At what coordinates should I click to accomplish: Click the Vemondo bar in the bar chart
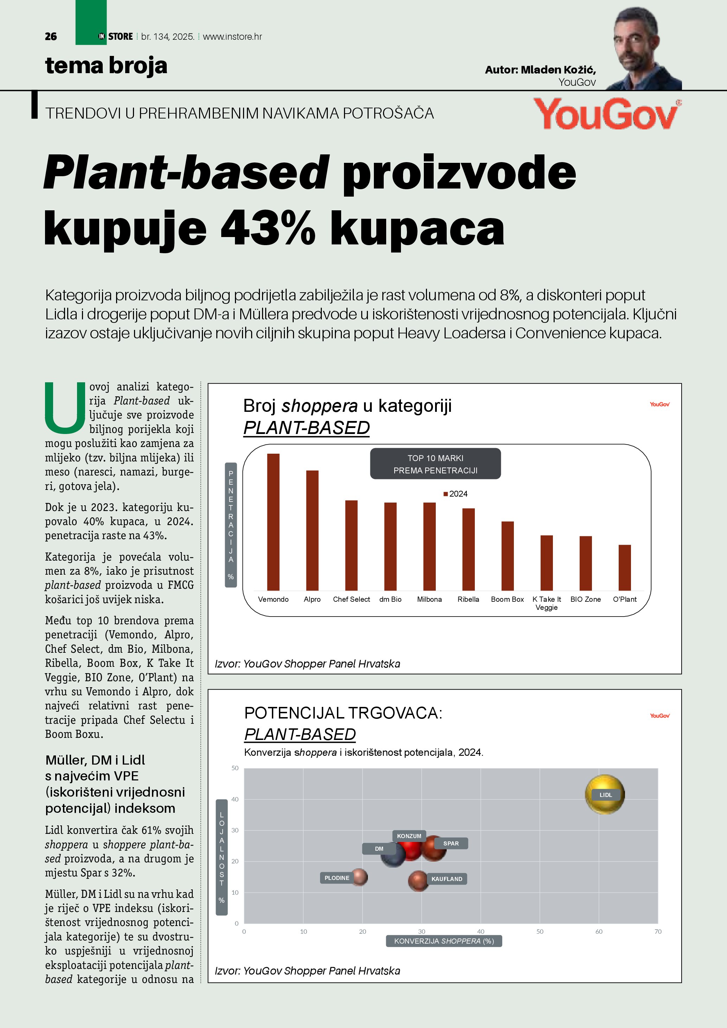coord(273,522)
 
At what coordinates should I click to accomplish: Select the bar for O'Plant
coord(625,567)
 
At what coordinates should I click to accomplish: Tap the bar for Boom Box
coord(507,556)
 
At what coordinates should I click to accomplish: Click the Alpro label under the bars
coord(312,599)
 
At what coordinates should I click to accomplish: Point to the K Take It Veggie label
coord(546,603)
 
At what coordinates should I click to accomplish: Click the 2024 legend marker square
coord(445,494)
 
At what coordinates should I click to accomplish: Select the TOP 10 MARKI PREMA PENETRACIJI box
coord(435,464)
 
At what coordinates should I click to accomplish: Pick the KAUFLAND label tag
coord(447,879)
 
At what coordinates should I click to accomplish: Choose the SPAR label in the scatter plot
coord(451,843)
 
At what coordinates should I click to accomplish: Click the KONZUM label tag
coord(409,836)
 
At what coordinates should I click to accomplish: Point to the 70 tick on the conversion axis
coord(658,931)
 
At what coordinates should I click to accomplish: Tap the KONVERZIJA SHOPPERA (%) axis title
coord(444,941)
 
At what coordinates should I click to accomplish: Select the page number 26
coord(51,37)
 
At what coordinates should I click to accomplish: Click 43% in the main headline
coord(268,228)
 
